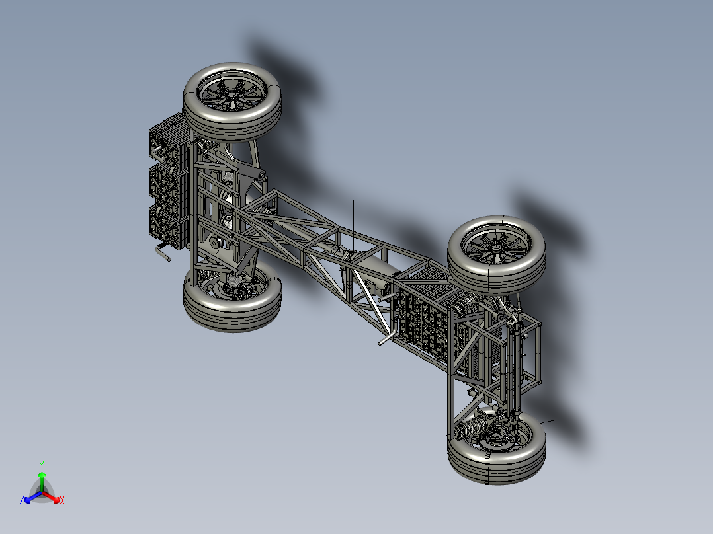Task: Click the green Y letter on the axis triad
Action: point(41,465)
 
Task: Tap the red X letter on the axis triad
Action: point(62,501)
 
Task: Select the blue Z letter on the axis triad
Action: point(22,501)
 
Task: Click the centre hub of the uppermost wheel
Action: point(231,95)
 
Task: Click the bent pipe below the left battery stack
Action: point(163,252)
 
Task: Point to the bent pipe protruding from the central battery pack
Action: point(386,340)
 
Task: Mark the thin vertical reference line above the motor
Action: point(353,221)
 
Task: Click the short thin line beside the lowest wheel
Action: point(547,420)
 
